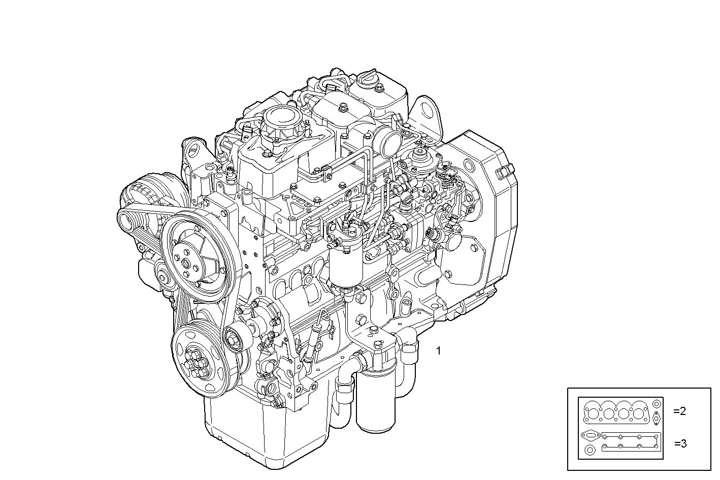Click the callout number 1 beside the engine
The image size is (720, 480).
click(439, 350)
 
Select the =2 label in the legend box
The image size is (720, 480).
click(679, 411)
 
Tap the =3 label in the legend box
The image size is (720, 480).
click(680, 443)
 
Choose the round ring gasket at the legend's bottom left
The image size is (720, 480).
click(589, 451)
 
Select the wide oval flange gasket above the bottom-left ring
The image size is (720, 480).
click(590, 436)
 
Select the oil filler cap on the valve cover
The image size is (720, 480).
click(367, 79)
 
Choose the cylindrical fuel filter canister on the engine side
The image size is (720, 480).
click(346, 264)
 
